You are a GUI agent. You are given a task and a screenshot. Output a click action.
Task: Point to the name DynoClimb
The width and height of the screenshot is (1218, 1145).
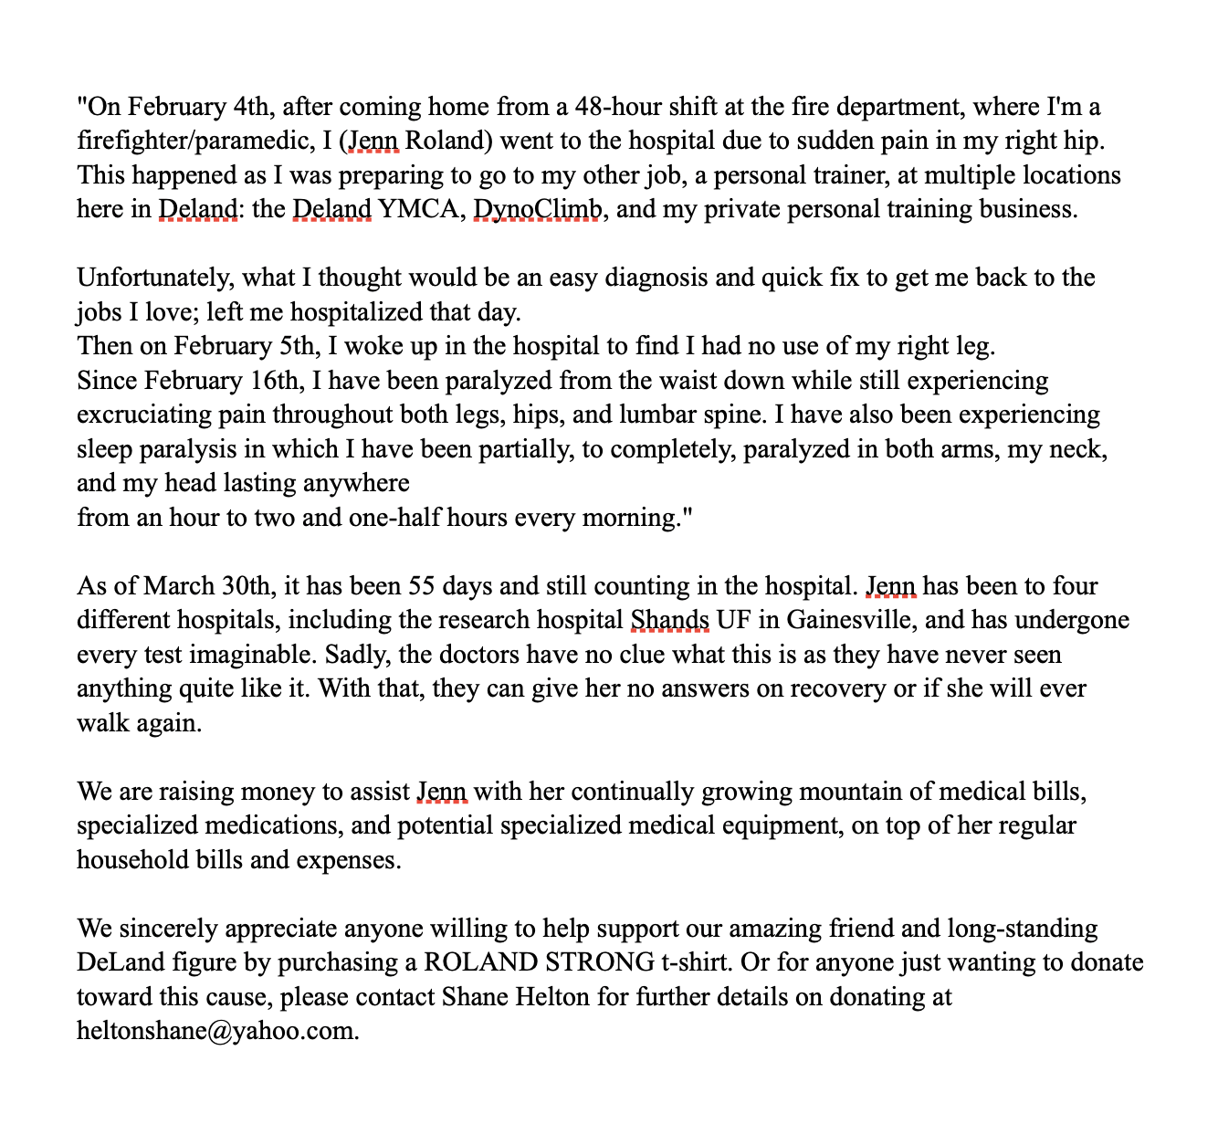[538, 209]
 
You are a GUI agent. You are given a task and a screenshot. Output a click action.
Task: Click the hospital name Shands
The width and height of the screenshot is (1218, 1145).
[670, 620]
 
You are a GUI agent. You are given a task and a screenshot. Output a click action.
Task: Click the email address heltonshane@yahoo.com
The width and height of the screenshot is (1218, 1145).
[215, 1031]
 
